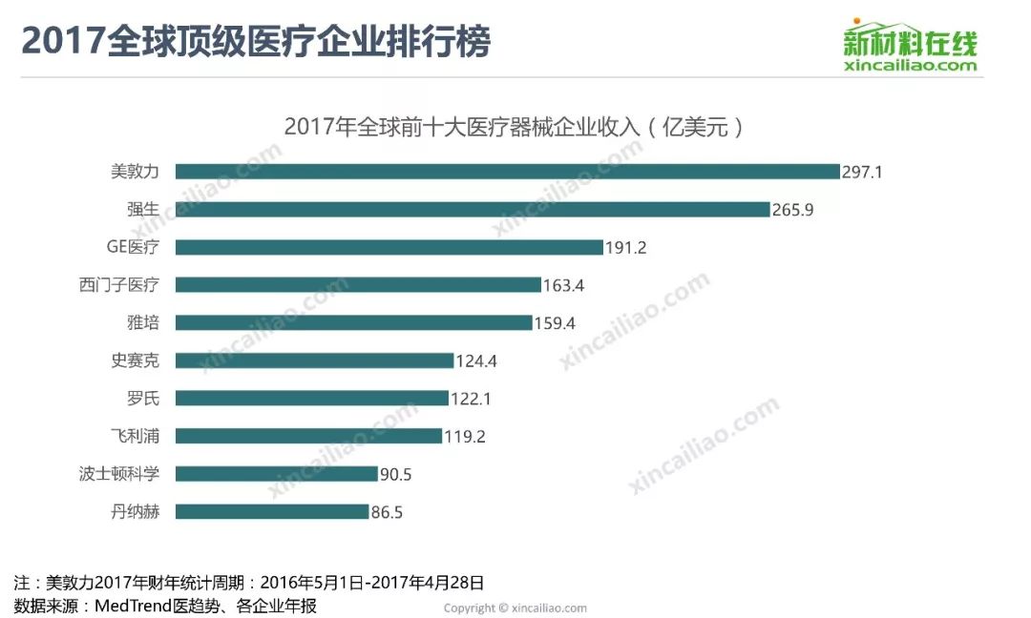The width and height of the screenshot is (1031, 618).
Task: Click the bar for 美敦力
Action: click(x=507, y=172)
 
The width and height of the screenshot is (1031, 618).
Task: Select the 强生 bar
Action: click(x=473, y=209)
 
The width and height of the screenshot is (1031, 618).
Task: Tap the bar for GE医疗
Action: click(x=389, y=247)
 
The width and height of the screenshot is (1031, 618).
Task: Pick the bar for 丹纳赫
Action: click(x=272, y=512)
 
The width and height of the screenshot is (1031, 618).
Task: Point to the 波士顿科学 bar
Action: click(x=277, y=474)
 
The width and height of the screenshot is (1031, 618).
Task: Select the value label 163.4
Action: click(x=564, y=285)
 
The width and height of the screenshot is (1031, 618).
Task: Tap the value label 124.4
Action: click(x=476, y=361)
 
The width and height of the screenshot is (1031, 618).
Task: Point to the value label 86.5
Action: click(x=387, y=512)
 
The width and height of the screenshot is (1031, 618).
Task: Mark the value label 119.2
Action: click(x=466, y=436)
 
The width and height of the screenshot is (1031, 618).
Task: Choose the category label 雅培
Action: click(x=142, y=323)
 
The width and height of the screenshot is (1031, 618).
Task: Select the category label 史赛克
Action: click(x=136, y=361)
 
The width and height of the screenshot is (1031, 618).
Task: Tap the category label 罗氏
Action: click(x=142, y=399)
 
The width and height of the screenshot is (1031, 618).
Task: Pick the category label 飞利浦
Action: click(x=136, y=436)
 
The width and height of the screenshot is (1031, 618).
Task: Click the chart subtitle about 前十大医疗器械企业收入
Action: click(x=514, y=127)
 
